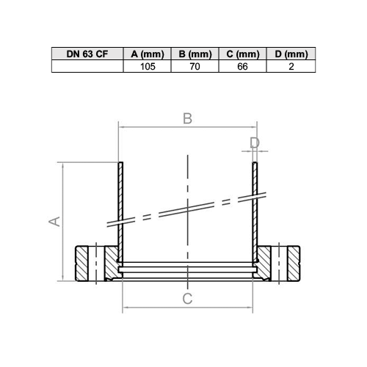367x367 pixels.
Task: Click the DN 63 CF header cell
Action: (x=87, y=54)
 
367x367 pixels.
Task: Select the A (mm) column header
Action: (x=147, y=54)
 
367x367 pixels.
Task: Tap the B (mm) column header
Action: (x=195, y=54)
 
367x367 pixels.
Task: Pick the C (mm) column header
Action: (x=242, y=54)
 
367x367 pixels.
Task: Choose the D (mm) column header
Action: (x=291, y=54)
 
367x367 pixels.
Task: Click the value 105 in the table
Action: (x=148, y=66)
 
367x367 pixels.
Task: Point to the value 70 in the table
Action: (x=195, y=66)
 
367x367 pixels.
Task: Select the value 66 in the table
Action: (x=242, y=66)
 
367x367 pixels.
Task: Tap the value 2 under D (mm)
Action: (x=291, y=66)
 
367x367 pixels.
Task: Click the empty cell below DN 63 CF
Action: (x=87, y=66)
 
